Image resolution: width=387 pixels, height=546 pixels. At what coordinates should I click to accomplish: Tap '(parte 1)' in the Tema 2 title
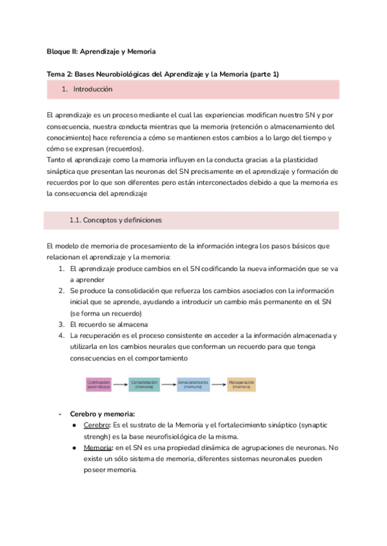coord(263,74)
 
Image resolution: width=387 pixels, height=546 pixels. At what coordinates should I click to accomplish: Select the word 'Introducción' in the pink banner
coord(93,89)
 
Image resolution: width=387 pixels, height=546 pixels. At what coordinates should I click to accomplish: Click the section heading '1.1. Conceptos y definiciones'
coord(115,220)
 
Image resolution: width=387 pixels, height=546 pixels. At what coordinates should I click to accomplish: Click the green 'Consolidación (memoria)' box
coord(144,384)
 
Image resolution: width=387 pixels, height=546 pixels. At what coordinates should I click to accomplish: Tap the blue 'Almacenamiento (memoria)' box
coord(193,384)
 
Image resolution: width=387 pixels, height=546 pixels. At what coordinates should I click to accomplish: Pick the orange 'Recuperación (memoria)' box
coord(241,384)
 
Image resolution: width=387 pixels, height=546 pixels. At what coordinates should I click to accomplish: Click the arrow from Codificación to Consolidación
coord(121,384)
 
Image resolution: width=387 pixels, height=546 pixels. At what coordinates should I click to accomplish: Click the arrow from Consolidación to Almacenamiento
coord(168,384)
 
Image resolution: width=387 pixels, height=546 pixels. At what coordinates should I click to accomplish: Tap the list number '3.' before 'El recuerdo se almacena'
coord(61,324)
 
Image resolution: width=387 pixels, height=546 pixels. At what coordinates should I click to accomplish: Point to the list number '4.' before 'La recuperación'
coord(61,335)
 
